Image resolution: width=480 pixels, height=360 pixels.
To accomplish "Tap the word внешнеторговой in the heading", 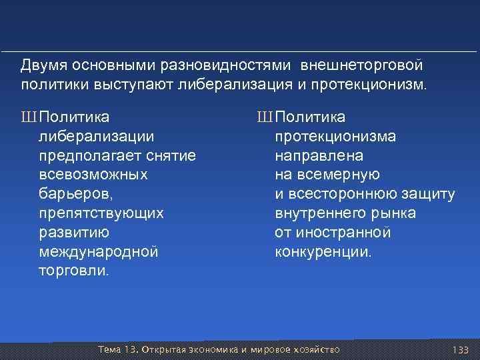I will pos(362,67).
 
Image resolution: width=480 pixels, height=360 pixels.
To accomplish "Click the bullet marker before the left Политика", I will pos(27,118).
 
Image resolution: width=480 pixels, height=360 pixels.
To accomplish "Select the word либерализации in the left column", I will pos(97,137).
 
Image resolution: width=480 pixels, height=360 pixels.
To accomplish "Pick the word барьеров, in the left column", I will pos(77,194).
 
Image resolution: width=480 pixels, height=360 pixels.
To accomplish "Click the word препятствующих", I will pos(101,213).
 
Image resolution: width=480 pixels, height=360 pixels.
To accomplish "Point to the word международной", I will pos(99,252).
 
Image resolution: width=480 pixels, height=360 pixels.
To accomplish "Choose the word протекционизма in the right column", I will pos(335,137).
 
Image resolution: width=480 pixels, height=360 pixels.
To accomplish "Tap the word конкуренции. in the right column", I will pos(324,252).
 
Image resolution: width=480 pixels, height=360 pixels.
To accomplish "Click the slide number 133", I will pos(460,350).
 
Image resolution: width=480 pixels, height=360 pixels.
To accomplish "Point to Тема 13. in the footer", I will pos(117,350).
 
